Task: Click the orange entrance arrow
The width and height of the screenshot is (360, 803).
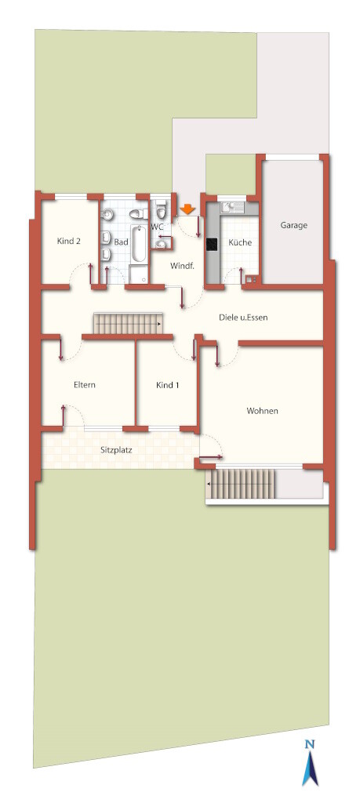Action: click(188, 209)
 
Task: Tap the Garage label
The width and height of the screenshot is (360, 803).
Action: click(293, 225)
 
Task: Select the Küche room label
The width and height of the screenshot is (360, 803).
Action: click(240, 242)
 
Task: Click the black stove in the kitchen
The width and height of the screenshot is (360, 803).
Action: click(210, 245)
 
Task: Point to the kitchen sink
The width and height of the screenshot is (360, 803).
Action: click(232, 207)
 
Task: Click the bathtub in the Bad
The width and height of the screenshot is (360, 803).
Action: click(138, 245)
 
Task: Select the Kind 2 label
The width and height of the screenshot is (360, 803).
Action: click(69, 242)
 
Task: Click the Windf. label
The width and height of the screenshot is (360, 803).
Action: click(180, 266)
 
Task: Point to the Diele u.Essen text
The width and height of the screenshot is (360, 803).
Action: click(242, 318)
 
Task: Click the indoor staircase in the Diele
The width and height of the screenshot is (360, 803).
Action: click(128, 323)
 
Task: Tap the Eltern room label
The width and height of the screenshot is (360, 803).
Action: click(85, 385)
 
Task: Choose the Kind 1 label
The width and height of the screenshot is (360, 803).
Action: click(168, 385)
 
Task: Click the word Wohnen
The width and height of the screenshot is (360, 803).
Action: click(262, 411)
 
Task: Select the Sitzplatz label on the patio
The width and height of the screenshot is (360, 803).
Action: click(117, 451)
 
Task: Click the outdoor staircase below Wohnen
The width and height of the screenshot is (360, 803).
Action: click(241, 483)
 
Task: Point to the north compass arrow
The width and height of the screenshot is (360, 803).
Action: click(309, 768)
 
